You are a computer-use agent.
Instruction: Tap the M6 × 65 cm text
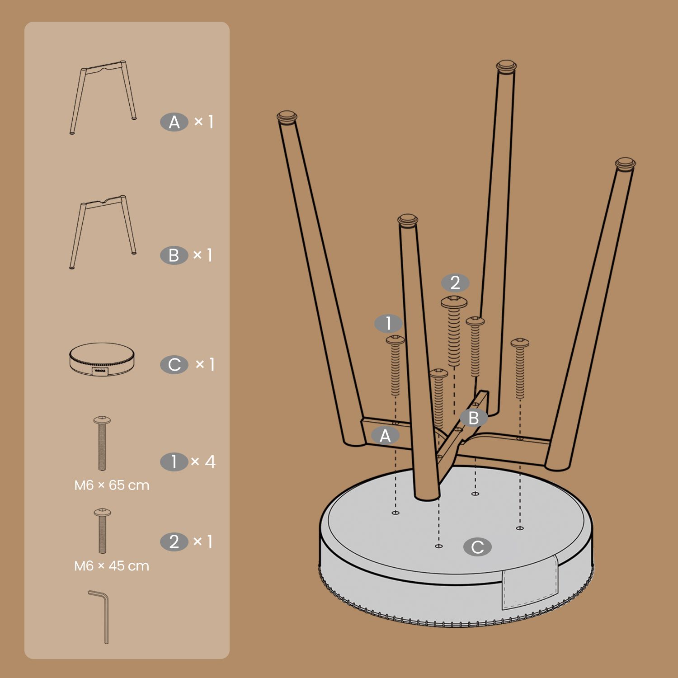[112, 485]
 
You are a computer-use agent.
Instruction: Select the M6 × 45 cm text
[112, 566]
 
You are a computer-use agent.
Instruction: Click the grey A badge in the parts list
[174, 122]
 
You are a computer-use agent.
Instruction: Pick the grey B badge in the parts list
[174, 255]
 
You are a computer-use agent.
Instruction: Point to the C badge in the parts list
[174, 365]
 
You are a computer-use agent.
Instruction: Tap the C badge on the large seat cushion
[477, 547]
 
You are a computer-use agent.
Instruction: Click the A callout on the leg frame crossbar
[385, 436]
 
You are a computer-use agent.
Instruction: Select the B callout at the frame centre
[474, 418]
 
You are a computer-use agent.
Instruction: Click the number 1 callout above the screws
[389, 324]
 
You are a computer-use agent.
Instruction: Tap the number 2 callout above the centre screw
[455, 283]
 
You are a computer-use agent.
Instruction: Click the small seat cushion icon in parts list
[103, 360]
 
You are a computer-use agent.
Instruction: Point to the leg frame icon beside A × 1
[103, 97]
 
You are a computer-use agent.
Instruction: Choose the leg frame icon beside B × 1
[103, 232]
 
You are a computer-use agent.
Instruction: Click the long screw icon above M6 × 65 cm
[102, 443]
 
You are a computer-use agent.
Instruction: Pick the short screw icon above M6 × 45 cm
[102, 531]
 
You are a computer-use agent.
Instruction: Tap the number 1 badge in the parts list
[174, 462]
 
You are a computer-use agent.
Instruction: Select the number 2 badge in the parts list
[174, 542]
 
